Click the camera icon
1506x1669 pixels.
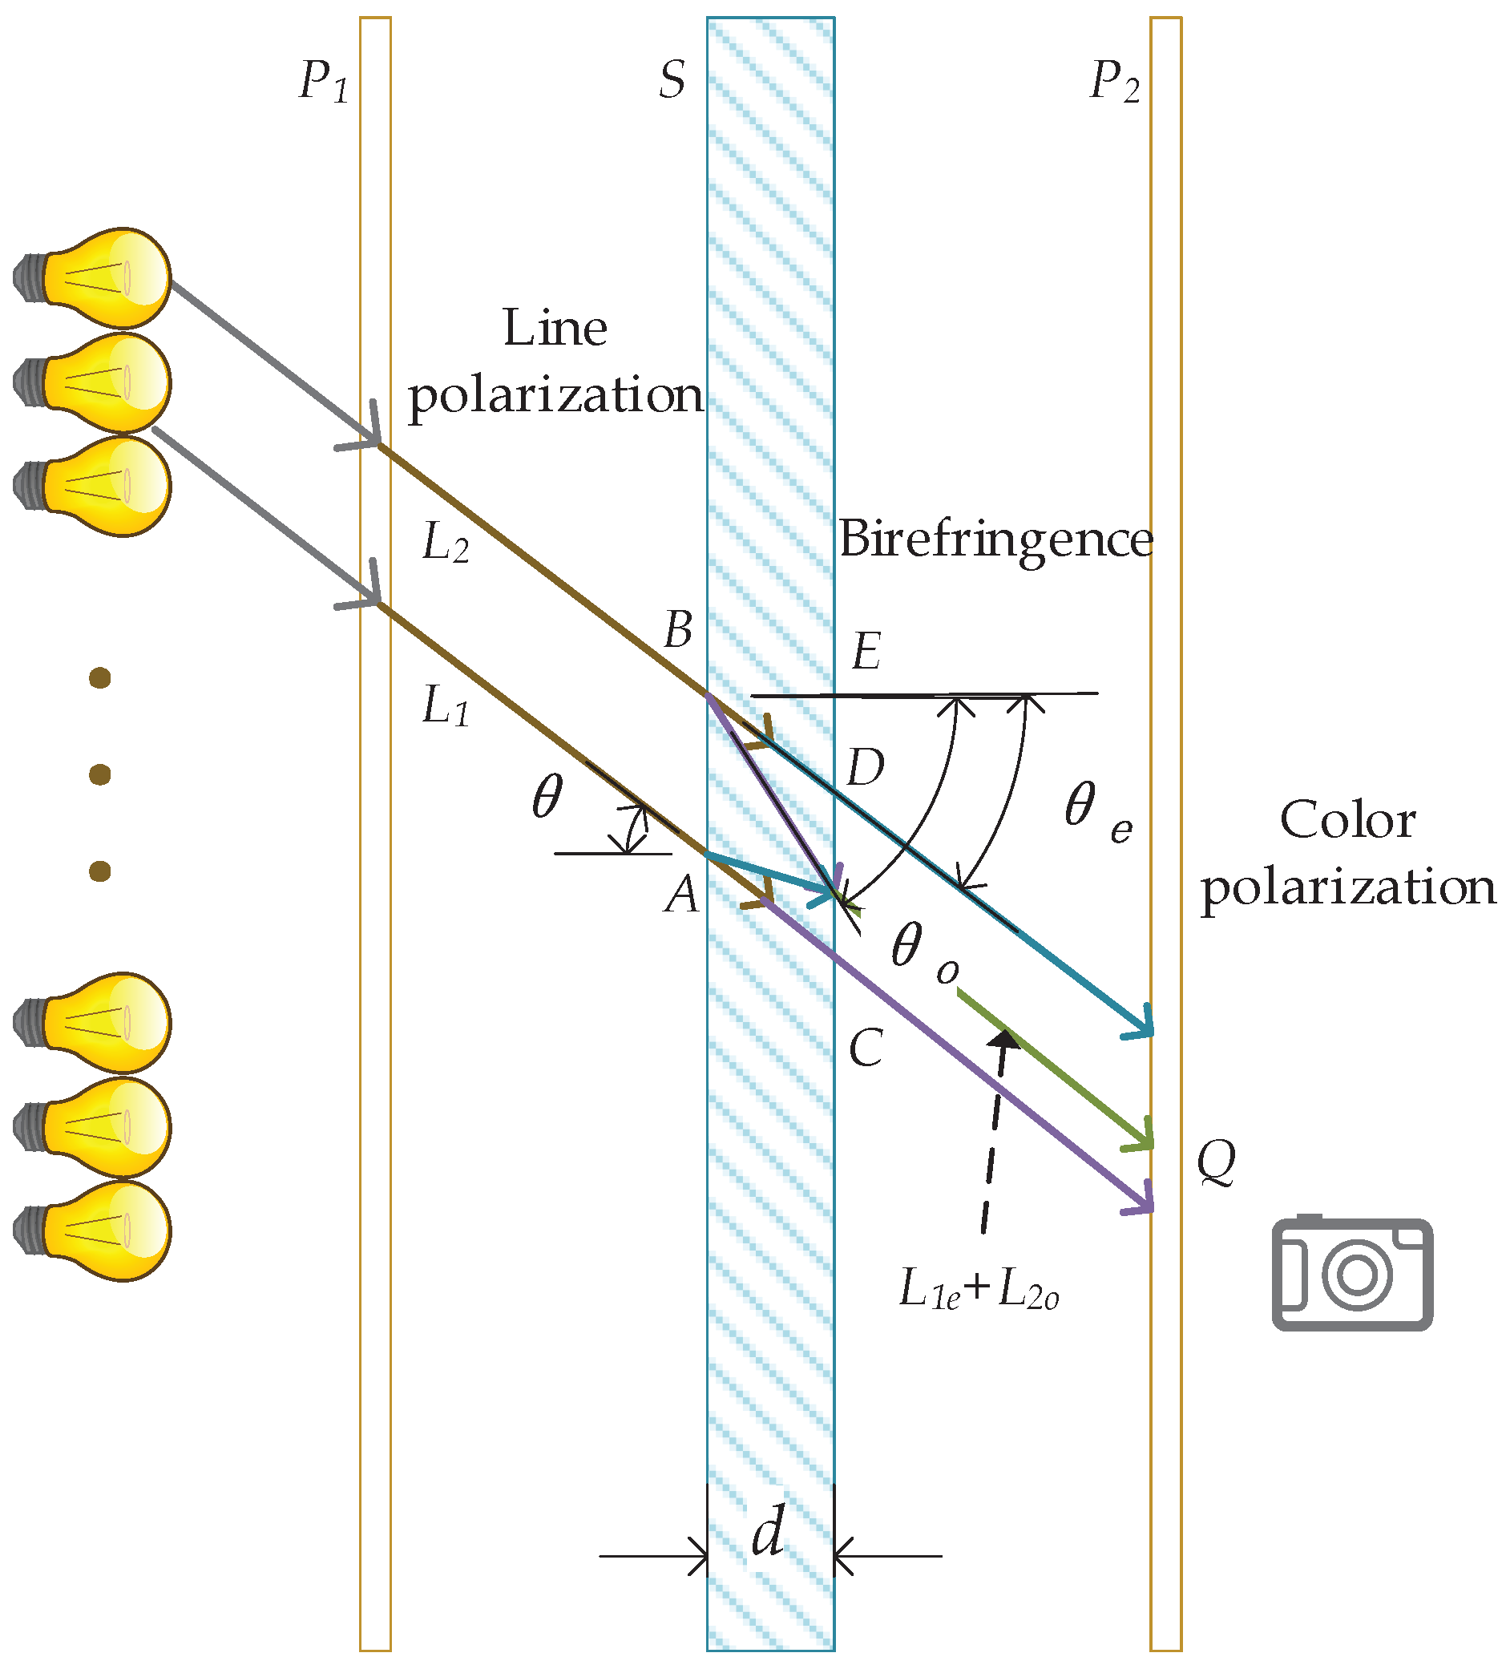click(x=1351, y=1275)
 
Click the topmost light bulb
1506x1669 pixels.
click(x=95, y=278)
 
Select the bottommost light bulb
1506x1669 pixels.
click(x=95, y=1231)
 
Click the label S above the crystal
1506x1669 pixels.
click(x=672, y=81)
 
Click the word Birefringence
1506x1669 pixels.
click(x=995, y=539)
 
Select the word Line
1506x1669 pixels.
click(x=555, y=328)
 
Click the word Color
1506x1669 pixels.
click(x=1347, y=820)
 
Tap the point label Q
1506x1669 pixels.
click(x=1216, y=1161)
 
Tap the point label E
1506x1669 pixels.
click(x=866, y=651)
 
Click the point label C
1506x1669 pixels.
click(x=866, y=1049)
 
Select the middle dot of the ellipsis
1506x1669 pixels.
click(x=100, y=774)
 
